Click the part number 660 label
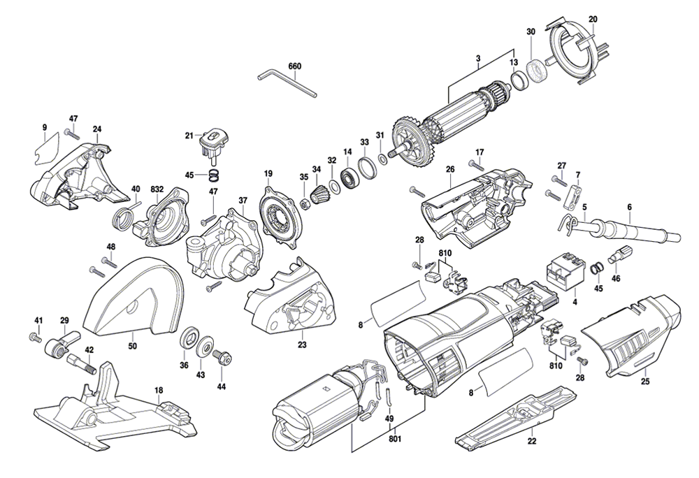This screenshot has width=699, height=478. pyautogui.click(x=294, y=66)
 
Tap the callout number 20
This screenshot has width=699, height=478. pyautogui.click(x=593, y=18)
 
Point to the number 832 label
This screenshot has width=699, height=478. pyautogui.click(x=157, y=189)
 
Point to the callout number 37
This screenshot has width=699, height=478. pyautogui.click(x=243, y=201)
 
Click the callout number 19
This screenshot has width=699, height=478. pyautogui.click(x=268, y=173)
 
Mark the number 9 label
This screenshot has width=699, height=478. pyautogui.click(x=45, y=127)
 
